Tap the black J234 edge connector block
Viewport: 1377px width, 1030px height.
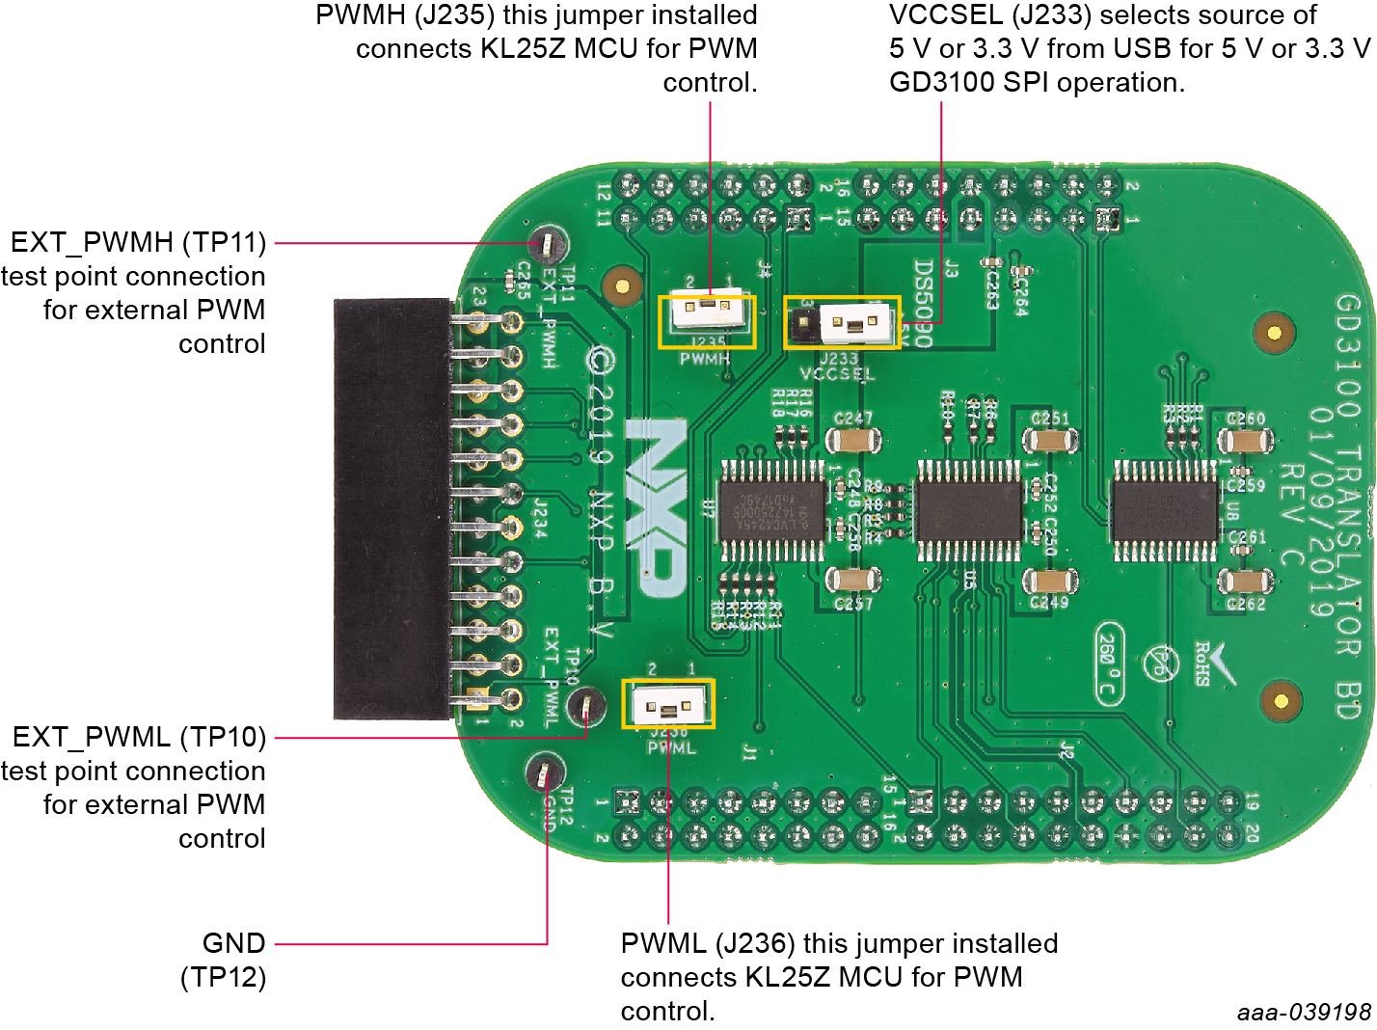coord(391,508)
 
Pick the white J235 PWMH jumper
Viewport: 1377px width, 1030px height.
coord(707,311)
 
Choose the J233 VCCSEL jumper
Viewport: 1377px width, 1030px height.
coord(842,322)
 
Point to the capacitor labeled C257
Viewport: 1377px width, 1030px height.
coord(852,581)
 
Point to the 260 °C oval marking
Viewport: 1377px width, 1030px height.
coord(1110,664)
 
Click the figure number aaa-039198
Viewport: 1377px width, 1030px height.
coord(1304,1012)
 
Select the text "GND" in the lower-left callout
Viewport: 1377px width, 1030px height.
coord(233,943)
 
